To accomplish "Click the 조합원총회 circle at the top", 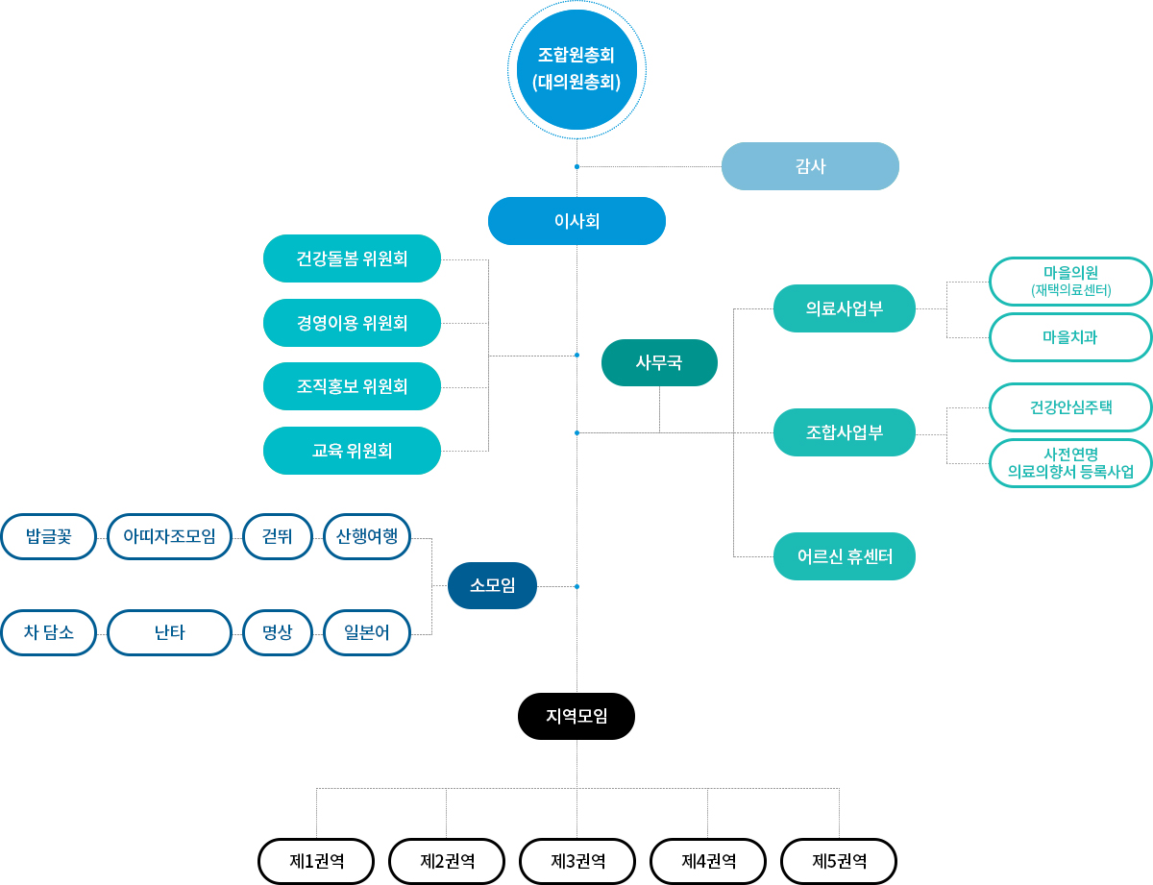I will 576,69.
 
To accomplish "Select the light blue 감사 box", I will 810,166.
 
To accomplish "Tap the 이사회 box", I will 576,221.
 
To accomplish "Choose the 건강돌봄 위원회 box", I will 352,258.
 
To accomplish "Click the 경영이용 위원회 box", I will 352,323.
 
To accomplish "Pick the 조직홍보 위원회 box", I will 352,386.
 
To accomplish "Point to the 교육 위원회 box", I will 352,451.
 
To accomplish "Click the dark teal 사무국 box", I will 659,362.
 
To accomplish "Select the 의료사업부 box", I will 845,308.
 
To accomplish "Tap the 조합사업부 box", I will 845,432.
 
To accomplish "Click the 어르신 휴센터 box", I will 845,556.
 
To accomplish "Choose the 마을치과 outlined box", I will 1070,337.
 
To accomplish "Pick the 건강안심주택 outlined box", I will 1070,407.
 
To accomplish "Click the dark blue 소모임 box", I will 492,585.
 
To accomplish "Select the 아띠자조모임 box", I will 169,537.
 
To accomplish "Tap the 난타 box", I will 169,632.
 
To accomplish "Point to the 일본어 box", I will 367,632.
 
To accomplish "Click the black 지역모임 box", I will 576,716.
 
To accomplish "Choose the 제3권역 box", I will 577,861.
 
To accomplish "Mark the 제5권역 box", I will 839,861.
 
